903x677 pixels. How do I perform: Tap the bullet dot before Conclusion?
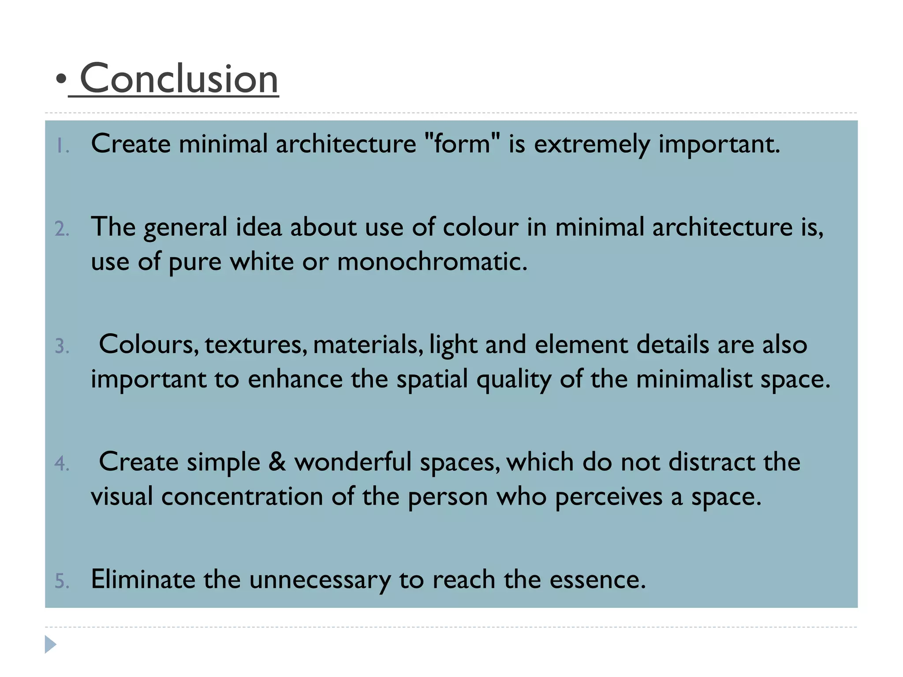[61, 79]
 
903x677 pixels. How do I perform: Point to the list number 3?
[62, 346]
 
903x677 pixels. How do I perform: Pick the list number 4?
[62, 464]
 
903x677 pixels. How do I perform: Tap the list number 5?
[62, 581]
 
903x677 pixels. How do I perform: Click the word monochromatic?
[432, 261]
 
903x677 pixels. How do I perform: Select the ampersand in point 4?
[277, 462]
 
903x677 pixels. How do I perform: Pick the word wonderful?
[353, 462]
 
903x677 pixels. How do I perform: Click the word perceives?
[608, 497]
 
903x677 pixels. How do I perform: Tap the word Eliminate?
[143, 579]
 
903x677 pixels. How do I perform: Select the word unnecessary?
[320, 580]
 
